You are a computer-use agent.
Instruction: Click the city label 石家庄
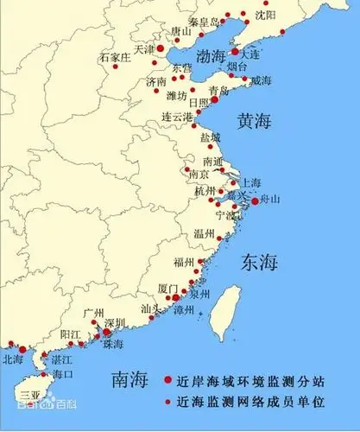117,57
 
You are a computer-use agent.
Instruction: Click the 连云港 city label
178,116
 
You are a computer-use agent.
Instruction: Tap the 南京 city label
199,175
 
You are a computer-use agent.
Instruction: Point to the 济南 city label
156,81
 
